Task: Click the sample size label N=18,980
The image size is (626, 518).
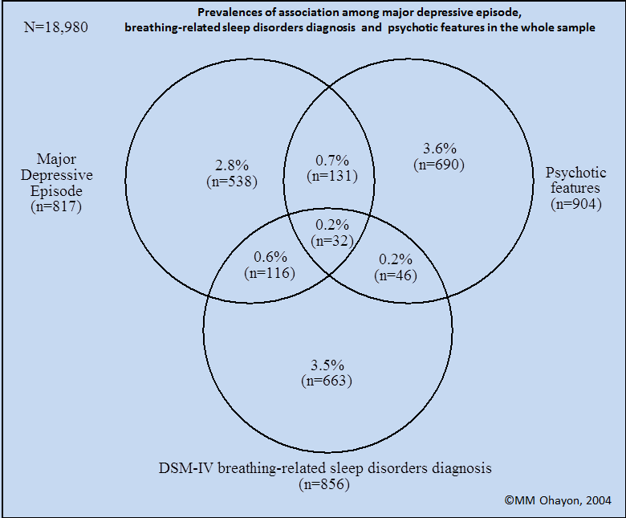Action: pos(56,27)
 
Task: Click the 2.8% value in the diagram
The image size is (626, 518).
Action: pos(232,165)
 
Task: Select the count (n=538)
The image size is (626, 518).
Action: pos(232,182)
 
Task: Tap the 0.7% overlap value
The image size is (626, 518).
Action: pos(332,160)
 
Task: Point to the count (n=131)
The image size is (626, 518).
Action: pos(332,176)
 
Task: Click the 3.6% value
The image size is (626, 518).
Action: pos(440,149)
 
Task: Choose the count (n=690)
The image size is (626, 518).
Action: pos(439,165)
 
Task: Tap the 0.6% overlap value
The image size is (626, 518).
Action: pos(270,257)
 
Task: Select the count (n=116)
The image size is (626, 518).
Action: pos(270,273)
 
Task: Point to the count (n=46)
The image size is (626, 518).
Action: pos(396,275)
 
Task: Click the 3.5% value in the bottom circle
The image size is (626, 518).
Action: pos(327,365)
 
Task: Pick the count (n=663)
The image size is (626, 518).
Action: pos(327,381)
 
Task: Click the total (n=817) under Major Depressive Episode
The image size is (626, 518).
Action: pos(56,206)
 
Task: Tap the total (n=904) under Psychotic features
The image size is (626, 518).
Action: pos(576,204)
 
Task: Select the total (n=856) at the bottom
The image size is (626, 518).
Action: pos(324,484)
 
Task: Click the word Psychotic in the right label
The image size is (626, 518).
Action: pos(575,173)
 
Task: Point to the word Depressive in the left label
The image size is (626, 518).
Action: pos(57,175)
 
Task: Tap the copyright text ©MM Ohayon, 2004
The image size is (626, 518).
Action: pos(558,500)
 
